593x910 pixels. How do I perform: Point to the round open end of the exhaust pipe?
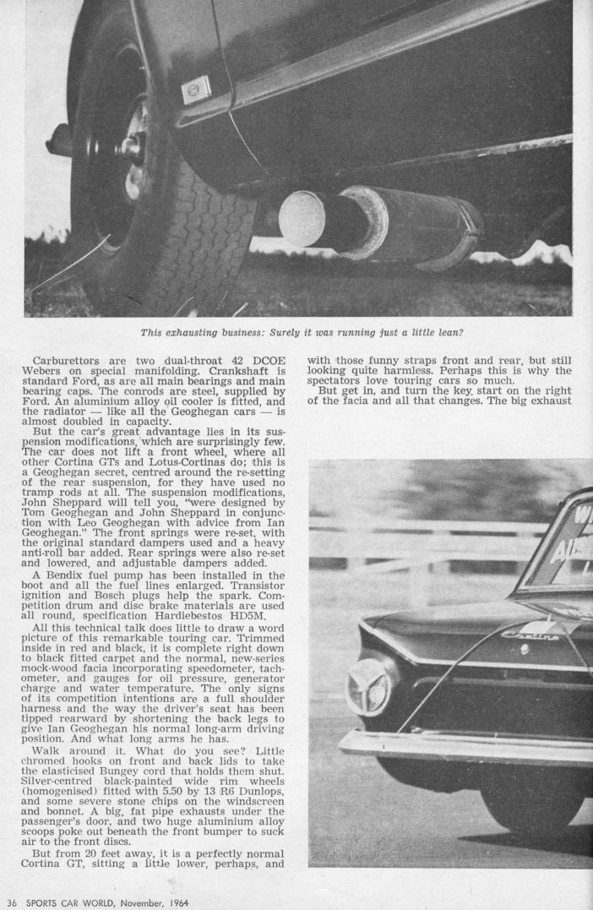[x=302, y=219]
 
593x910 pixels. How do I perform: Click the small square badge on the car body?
[x=196, y=87]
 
